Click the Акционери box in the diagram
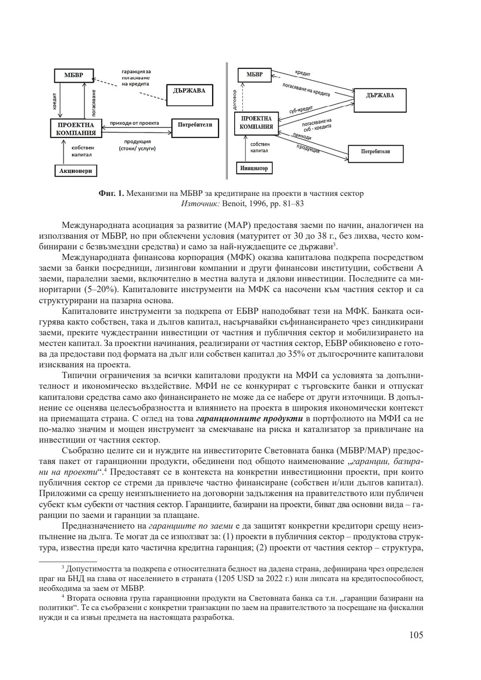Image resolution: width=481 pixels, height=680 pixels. pyautogui.click(x=75, y=171)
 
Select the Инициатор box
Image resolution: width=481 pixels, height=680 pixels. pyautogui.click(x=254, y=168)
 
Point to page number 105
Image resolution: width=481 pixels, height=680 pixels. pyautogui.click(x=416, y=635)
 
